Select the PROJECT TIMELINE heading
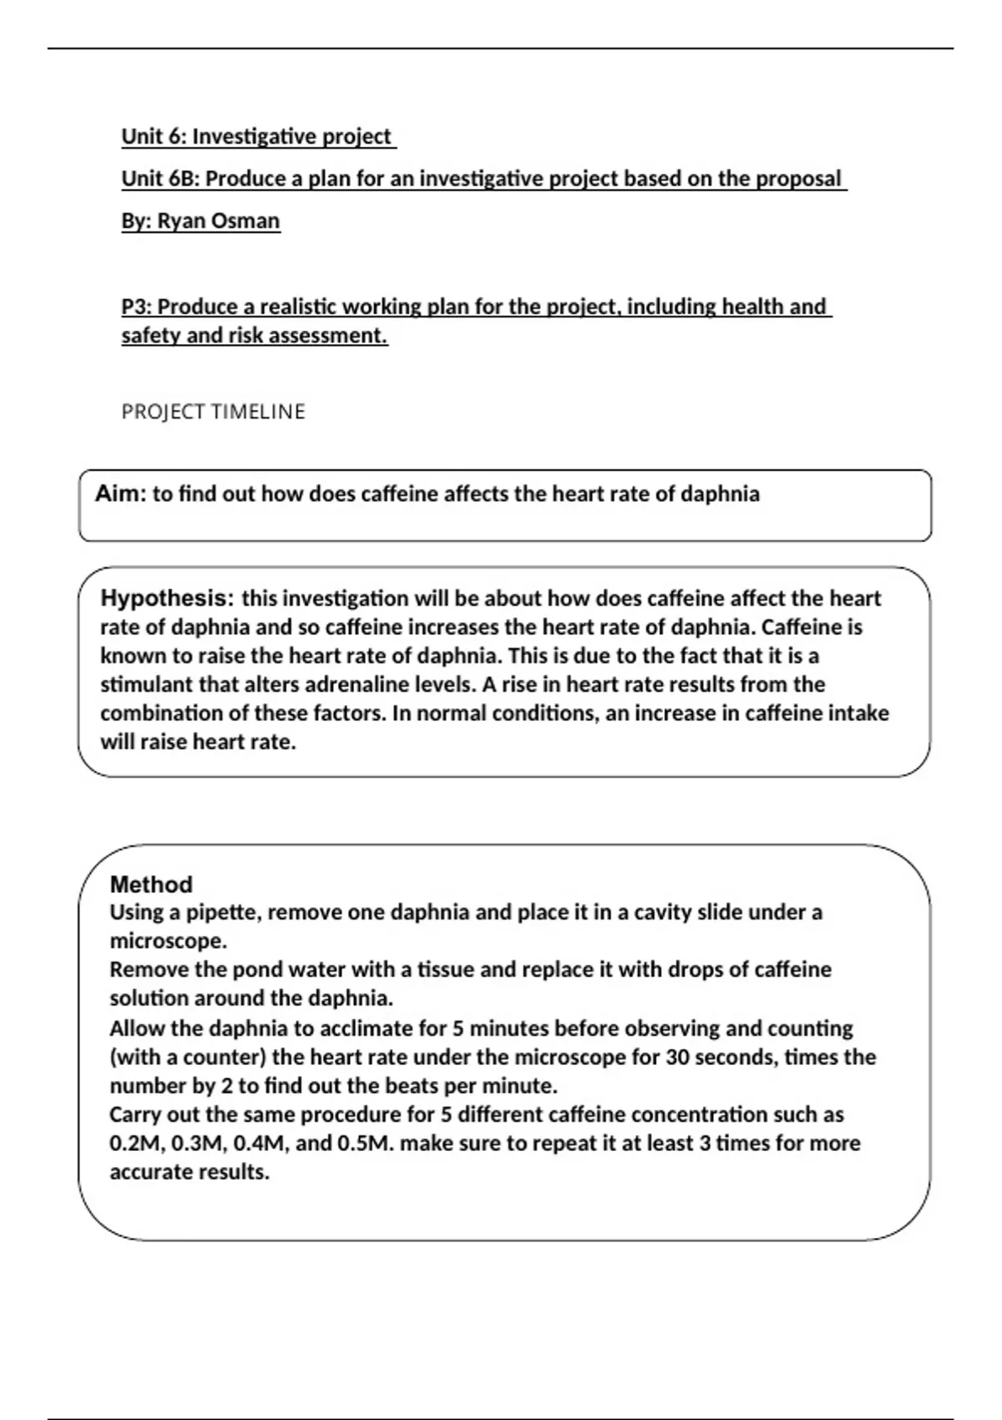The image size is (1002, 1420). point(213,412)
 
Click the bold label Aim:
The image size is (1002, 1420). point(120,494)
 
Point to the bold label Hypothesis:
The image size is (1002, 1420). point(167,598)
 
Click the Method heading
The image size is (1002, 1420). point(151,884)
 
